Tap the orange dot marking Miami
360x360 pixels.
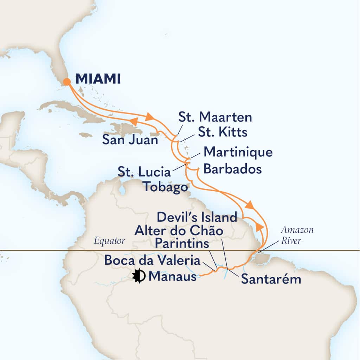67,82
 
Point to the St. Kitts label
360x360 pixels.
223,133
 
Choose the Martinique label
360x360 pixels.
238,153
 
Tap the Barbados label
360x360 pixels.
233,169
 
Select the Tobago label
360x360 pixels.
165,187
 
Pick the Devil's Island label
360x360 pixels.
197,217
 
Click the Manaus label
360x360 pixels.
172,277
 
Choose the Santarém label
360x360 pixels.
271,279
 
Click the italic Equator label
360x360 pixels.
109,241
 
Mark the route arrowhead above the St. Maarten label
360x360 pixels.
149,116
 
